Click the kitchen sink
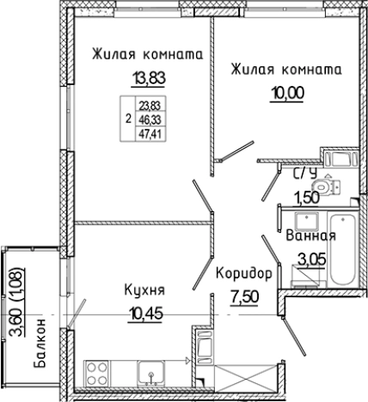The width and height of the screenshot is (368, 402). point(152,374)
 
